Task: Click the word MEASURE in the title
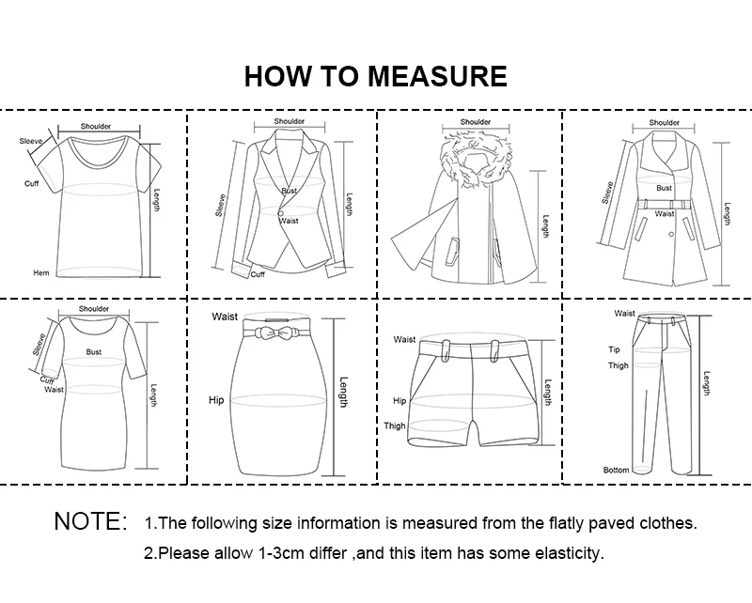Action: click(437, 76)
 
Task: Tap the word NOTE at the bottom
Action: click(86, 521)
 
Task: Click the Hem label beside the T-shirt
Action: click(41, 272)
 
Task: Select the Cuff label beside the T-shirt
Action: click(32, 183)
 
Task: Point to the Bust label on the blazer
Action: click(290, 191)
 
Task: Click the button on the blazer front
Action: click(280, 212)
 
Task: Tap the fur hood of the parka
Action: click(475, 158)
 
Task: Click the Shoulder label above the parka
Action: click(476, 122)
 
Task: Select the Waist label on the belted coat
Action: click(665, 213)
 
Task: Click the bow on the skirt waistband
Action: click(274, 332)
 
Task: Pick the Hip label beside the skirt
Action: click(216, 400)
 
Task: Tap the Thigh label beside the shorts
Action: click(395, 425)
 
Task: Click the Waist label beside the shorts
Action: click(404, 339)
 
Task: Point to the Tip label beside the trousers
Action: click(614, 349)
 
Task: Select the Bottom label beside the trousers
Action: click(616, 471)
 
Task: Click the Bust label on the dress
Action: click(93, 352)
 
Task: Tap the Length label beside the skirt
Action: click(343, 393)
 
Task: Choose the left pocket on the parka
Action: click(452, 251)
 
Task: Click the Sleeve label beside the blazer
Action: click(221, 205)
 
